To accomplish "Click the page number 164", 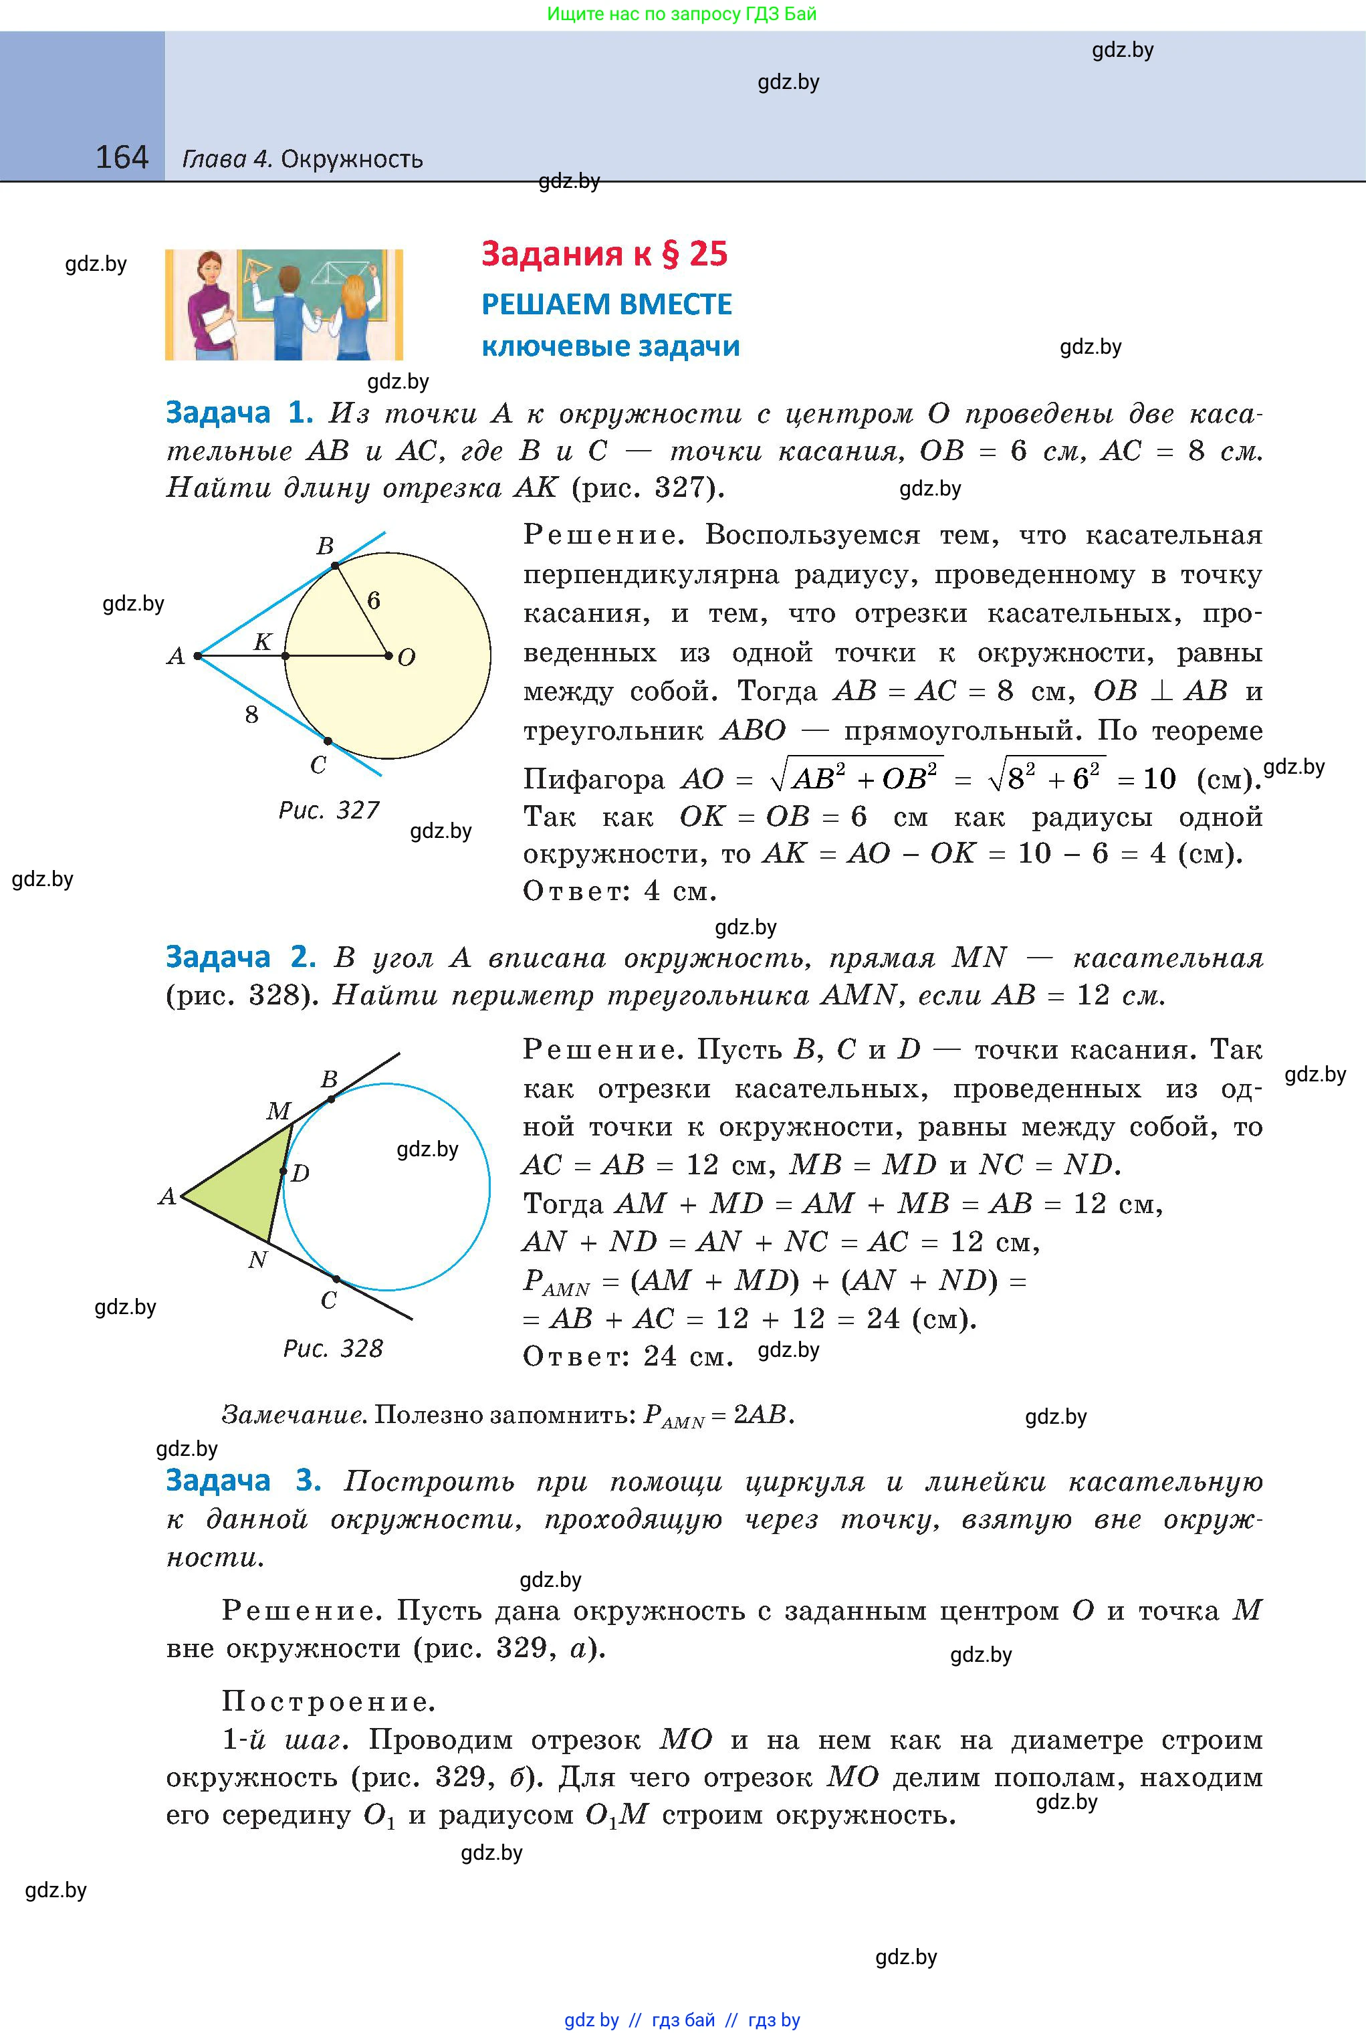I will click(x=121, y=158).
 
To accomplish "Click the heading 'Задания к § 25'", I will click(x=604, y=253).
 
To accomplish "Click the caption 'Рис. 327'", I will click(x=328, y=811).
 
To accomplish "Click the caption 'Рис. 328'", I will click(x=333, y=1349).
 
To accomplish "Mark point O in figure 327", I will click(x=388, y=655).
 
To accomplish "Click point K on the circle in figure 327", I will click(x=285, y=655).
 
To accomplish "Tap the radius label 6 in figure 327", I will click(x=374, y=601).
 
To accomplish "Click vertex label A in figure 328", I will click(x=167, y=1197).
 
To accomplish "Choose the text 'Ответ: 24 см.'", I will click(x=628, y=1356).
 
